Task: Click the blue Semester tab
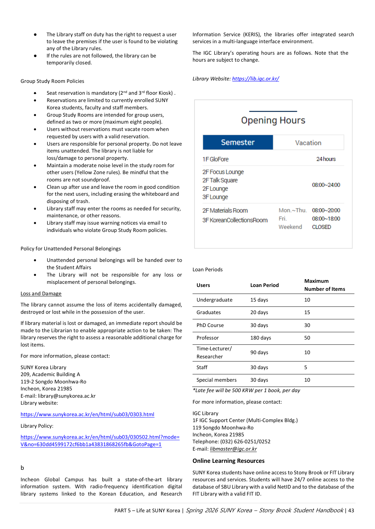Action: (x=238, y=142)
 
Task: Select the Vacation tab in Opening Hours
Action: (x=308, y=143)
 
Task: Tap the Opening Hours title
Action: (x=273, y=120)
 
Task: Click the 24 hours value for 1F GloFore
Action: (x=326, y=159)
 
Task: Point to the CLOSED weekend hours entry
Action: (x=321, y=227)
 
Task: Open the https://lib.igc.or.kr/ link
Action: (x=255, y=79)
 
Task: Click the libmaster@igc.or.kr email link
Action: (x=233, y=449)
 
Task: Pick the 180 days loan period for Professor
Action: (x=261, y=338)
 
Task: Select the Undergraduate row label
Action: (x=214, y=300)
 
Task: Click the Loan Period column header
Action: (x=264, y=285)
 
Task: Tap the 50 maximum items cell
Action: (x=307, y=338)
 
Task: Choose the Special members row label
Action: (x=216, y=380)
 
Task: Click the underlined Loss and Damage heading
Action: (x=41, y=294)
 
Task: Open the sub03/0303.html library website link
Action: (x=87, y=414)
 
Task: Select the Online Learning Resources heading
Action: (x=228, y=461)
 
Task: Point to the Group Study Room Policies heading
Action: (x=52, y=81)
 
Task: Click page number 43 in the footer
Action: (x=351, y=511)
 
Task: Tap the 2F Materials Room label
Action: (x=225, y=211)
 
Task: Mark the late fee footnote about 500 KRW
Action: (x=246, y=390)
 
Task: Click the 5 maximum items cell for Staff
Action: (x=306, y=367)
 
